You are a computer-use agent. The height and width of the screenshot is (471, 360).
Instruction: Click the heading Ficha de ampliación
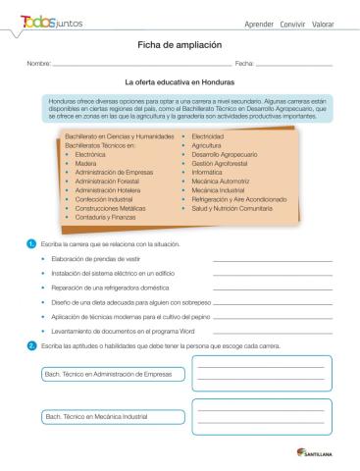click(180, 45)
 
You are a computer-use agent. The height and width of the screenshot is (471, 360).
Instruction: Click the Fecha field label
click(243, 65)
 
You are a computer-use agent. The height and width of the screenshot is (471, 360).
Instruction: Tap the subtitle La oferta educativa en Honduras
click(180, 83)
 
